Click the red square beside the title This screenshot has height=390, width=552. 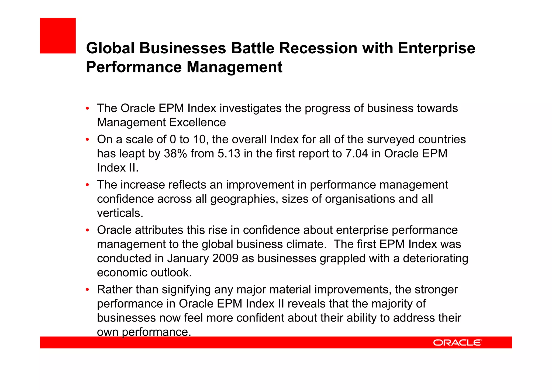[58, 36]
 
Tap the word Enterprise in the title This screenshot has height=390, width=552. [436, 48]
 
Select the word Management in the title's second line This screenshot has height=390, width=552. [234, 67]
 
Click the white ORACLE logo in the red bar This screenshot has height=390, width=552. [457, 343]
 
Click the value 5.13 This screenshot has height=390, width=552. [229, 154]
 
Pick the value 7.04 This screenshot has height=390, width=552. [357, 154]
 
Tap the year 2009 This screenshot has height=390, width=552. [225, 258]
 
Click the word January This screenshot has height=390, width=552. [188, 258]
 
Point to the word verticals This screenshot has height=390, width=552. [120, 213]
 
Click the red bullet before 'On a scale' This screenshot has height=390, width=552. [87, 140]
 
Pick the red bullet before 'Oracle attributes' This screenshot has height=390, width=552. [87, 230]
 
